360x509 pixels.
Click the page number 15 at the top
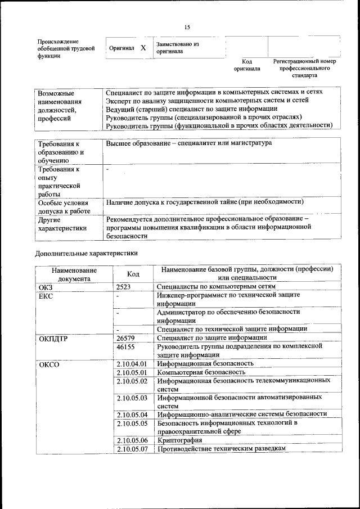tap(187, 27)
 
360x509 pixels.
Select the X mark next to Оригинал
tap(143, 48)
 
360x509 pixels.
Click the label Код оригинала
tap(247, 65)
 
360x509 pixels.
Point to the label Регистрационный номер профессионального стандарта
tap(304, 67)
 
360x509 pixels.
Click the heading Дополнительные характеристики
tap(86, 253)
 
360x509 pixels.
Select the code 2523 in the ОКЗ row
tap(124, 287)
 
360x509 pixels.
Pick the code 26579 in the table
tap(125, 338)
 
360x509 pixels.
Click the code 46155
tap(125, 348)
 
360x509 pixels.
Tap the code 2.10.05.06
tap(132, 440)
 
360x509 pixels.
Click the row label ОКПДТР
tap(53, 338)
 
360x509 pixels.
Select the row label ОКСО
tap(48, 364)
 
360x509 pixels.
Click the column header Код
tap(133, 274)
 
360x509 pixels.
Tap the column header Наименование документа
tap(74, 274)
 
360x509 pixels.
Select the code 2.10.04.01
tap(132, 364)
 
